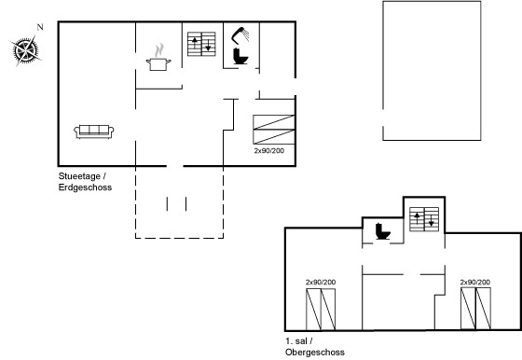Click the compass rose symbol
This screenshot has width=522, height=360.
[x=25, y=51]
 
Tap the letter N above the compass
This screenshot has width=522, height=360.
[x=40, y=27]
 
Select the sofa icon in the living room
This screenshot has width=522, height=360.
[x=94, y=132]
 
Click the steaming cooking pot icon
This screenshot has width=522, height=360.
[x=158, y=57]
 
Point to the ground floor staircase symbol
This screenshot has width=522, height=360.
[x=201, y=44]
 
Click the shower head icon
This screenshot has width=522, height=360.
[x=240, y=35]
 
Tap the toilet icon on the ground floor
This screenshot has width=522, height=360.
[x=240, y=56]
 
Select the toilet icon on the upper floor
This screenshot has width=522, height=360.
[x=383, y=231]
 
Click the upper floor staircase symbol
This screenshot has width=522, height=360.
[x=424, y=219]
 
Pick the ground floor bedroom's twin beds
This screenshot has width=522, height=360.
[x=274, y=130]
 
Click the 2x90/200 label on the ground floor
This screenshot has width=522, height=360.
[x=269, y=150]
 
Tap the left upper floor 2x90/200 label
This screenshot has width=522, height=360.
[x=321, y=282]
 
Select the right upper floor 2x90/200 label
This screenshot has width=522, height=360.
[x=475, y=282]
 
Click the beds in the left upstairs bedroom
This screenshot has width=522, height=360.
[x=321, y=310]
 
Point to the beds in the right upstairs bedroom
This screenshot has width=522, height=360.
[x=475, y=309]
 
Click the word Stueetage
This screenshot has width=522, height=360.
[x=79, y=176]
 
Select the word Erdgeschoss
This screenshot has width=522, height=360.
[x=85, y=187]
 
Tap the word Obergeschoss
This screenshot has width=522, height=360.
[x=315, y=352]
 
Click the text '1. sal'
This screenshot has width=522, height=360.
[x=296, y=341]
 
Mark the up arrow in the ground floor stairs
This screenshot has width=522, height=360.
[x=195, y=43]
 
